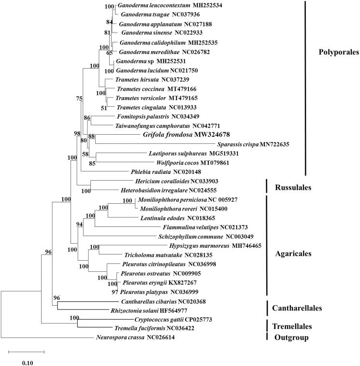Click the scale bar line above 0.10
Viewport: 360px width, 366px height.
point(26,352)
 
